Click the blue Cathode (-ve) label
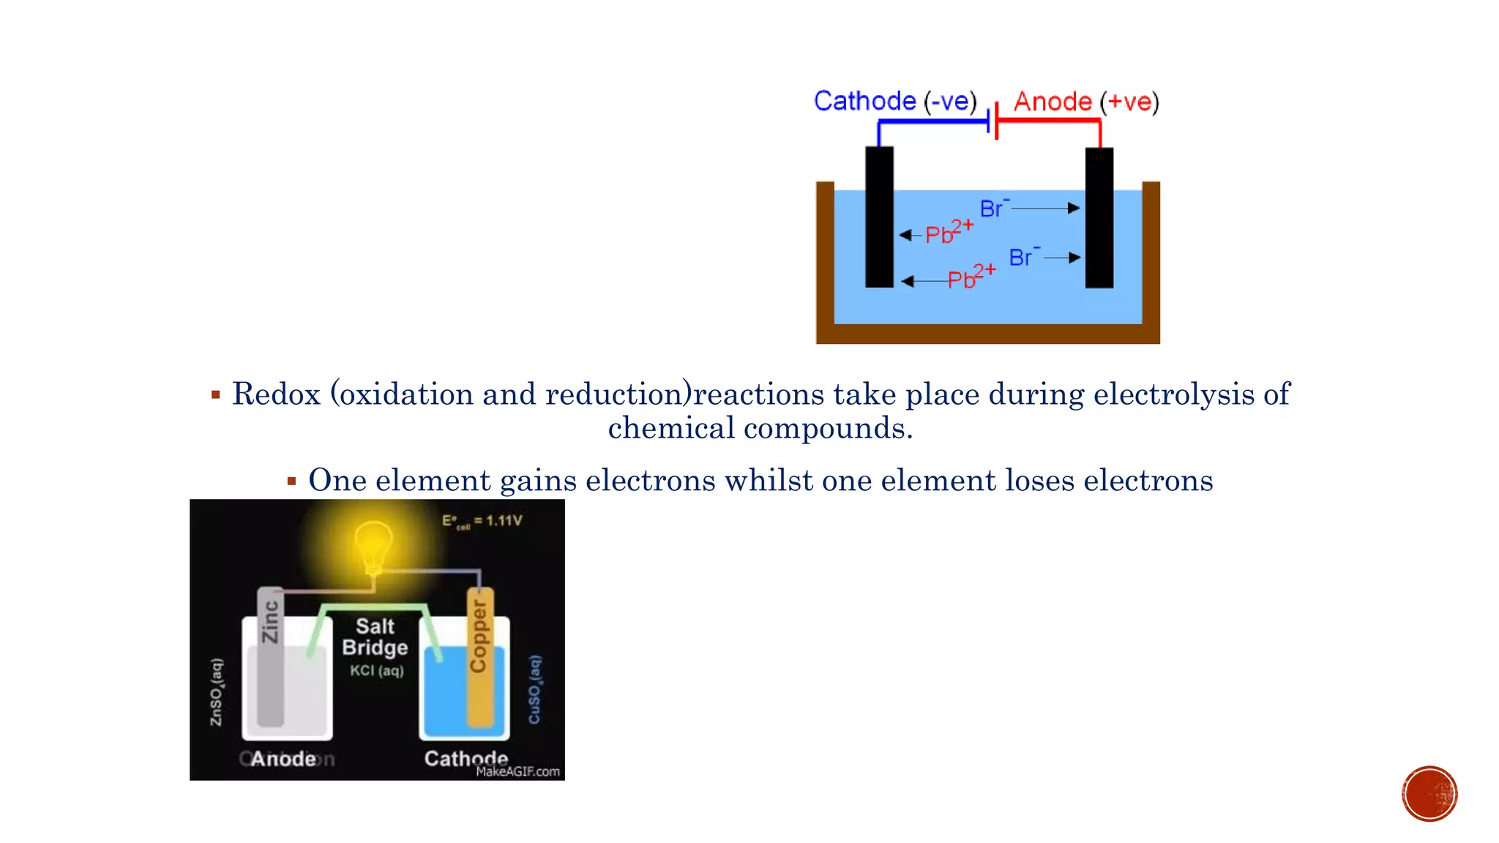(x=894, y=101)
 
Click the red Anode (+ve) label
(x=1085, y=102)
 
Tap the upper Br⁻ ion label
(x=994, y=209)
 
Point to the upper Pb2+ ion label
(x=949, y=232)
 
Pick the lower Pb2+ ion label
(x=971, y=277)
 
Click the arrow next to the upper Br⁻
(x=1045, y=209)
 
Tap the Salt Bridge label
(x=375, y=637)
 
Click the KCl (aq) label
(x=376, y=670)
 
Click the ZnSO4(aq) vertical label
(x=217, y=692)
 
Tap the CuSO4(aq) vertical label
(x=535, y=689)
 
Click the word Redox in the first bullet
(x=276, y=394)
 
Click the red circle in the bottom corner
(x=1429, y=794)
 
